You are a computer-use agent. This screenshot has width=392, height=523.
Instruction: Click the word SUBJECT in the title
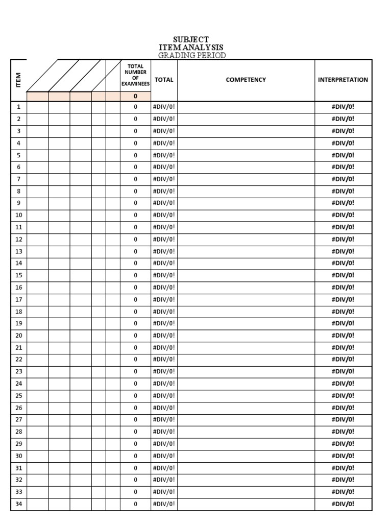pyautogui.click(x=191, y=40)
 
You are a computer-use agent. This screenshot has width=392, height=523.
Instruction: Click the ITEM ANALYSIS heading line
pyautogui.click(x=191, y=47)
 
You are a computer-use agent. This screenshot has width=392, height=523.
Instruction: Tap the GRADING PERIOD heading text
pyautogui.click(x=191, y=55)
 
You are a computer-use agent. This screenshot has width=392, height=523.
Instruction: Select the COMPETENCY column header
pyautogui.click(x=246, y=80)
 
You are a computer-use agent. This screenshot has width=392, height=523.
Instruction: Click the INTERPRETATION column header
pyautogui.click(x=342, y=80)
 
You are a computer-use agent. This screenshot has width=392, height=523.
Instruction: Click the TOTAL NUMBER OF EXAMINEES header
pyautogui.click(x=135, y=75)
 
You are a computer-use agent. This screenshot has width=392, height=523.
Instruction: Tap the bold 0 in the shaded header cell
pyautogui.click(x=135, y=96)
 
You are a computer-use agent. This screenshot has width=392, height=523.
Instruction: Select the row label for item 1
pyautogui.click(x=18, y=107)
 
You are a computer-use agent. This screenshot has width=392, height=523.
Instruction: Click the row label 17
pyautogui.click(x=18, y=299)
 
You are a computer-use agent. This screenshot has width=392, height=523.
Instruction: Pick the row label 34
pyautogui.click(x=18, y=504)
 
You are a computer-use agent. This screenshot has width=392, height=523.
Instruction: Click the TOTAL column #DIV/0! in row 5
pyautogui.click(x=164, y=155)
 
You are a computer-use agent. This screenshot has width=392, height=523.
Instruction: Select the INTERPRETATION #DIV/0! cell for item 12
pyautogui.click(x=342, y=239)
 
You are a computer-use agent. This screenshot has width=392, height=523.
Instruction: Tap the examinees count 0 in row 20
pyautogui.click(x=135, y=336)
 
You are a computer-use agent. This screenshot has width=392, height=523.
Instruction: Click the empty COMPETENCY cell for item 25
pyautogui.click(x=246, y=396)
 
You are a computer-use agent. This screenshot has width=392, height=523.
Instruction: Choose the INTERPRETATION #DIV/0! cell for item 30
pyautogui.click(x=342, y=456)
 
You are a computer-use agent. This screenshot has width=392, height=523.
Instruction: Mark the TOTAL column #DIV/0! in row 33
pyautogui.click(x=164, y=492)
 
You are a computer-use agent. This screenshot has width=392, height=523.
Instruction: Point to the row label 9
pyautogui.click(x=18, y=203)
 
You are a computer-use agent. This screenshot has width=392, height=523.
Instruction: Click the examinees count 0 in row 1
pyautogui.click(x=135, y=107)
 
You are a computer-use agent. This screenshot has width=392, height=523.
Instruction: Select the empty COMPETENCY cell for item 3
pyautogui.click(x=246, y=131)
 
